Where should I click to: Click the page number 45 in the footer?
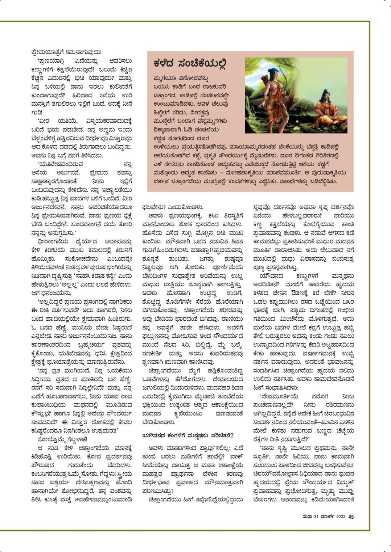coord(351,517)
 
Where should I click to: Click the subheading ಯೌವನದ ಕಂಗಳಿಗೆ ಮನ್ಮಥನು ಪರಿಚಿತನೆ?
coord(188,435)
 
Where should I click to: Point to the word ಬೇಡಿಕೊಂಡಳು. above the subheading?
coord(159,422)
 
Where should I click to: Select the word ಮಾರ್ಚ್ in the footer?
coord(329,517)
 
